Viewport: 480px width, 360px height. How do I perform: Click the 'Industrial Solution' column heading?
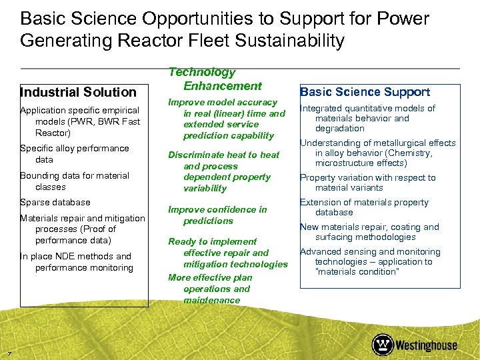78,92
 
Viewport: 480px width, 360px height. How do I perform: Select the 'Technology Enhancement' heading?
213,79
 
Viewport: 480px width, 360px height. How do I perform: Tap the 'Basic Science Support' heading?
365,92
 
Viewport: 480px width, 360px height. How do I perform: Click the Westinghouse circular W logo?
383,345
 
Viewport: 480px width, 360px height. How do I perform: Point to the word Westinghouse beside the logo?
427,345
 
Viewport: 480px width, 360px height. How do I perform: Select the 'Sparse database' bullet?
55,202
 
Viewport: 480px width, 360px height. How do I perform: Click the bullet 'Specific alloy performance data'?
74,154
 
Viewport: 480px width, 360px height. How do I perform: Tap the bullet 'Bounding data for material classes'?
74,181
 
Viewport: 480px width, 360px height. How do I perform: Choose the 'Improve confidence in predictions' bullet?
217,215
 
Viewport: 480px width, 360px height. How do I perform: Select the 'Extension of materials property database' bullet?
364,207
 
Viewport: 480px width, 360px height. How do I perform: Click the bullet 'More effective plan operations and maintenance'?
210,289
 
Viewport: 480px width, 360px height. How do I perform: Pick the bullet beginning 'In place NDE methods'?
76,262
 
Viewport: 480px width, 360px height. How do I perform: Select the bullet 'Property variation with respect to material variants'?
367,183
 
